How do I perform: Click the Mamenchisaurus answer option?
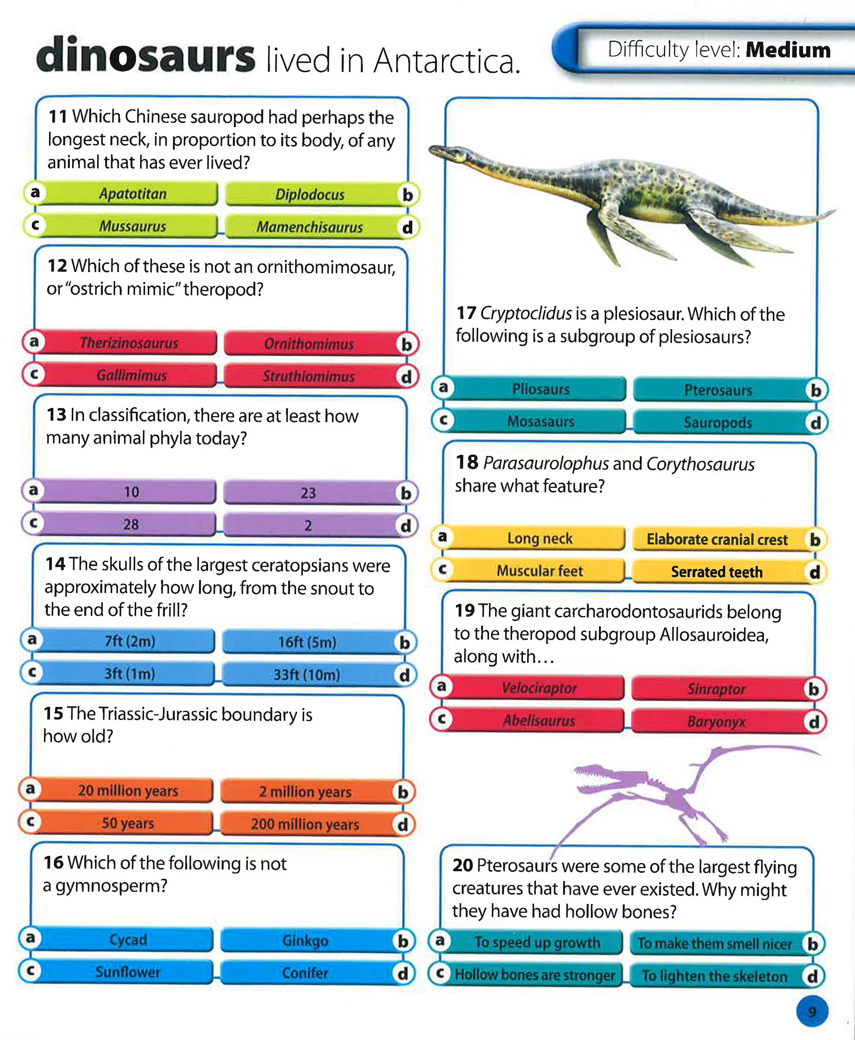(x=315, y=227)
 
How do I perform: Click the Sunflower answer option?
(x=118, y=972)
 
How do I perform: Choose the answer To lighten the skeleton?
(x=721, y=975)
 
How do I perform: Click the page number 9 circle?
(x=812, y=1012)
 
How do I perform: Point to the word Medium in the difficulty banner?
(x=788, y=50)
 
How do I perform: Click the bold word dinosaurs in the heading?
(x=146, y=55)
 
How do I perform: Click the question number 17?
(x=466, y=313)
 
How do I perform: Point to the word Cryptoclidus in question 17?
(x=526, y=313)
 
